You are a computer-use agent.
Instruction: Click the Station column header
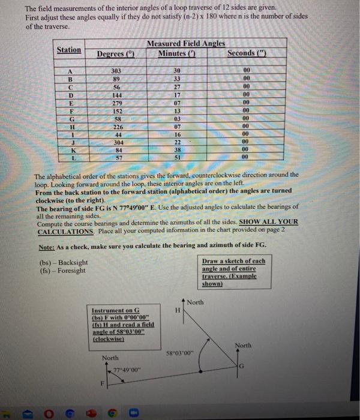[x=69, y=49]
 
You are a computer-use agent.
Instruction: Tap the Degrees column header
[x=114, y=53]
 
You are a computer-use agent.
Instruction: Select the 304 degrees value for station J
[x=116, y=142]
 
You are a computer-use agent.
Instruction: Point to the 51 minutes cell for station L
[x=177, y=158]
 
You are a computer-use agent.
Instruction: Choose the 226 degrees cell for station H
[x=116, y=126]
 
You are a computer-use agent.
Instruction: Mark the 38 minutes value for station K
[x=177, y=150]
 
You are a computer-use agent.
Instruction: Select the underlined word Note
[x=46, y=246]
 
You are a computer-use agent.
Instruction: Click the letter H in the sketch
[x=177, y=310]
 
